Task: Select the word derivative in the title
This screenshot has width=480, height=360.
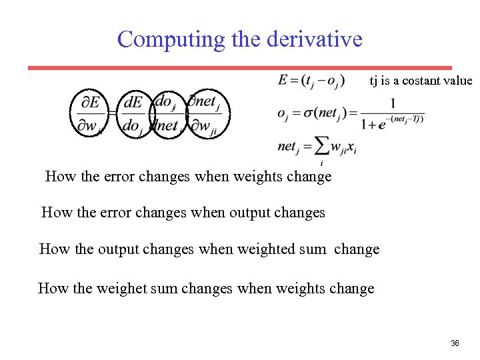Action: pos(314,39)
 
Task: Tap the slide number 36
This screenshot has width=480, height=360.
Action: pos(455,343)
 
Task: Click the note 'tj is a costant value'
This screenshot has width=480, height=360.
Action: pos(421,81)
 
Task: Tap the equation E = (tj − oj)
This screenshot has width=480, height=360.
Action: pos(311,81)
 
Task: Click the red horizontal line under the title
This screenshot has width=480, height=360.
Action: pos(240,68)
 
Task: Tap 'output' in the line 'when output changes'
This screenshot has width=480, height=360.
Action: pos(251,213)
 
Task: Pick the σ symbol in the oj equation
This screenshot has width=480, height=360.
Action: pos(309,113)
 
